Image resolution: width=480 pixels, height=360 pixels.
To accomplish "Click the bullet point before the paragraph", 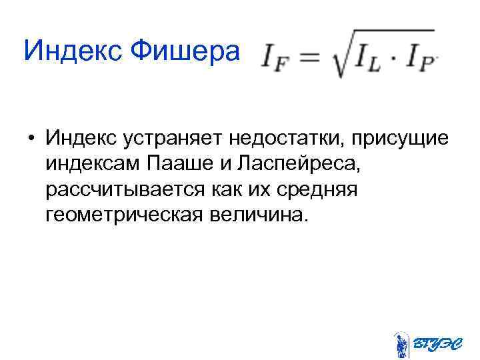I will tap(31, 141).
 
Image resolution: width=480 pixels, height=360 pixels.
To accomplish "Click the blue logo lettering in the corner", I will tap(435, 344).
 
